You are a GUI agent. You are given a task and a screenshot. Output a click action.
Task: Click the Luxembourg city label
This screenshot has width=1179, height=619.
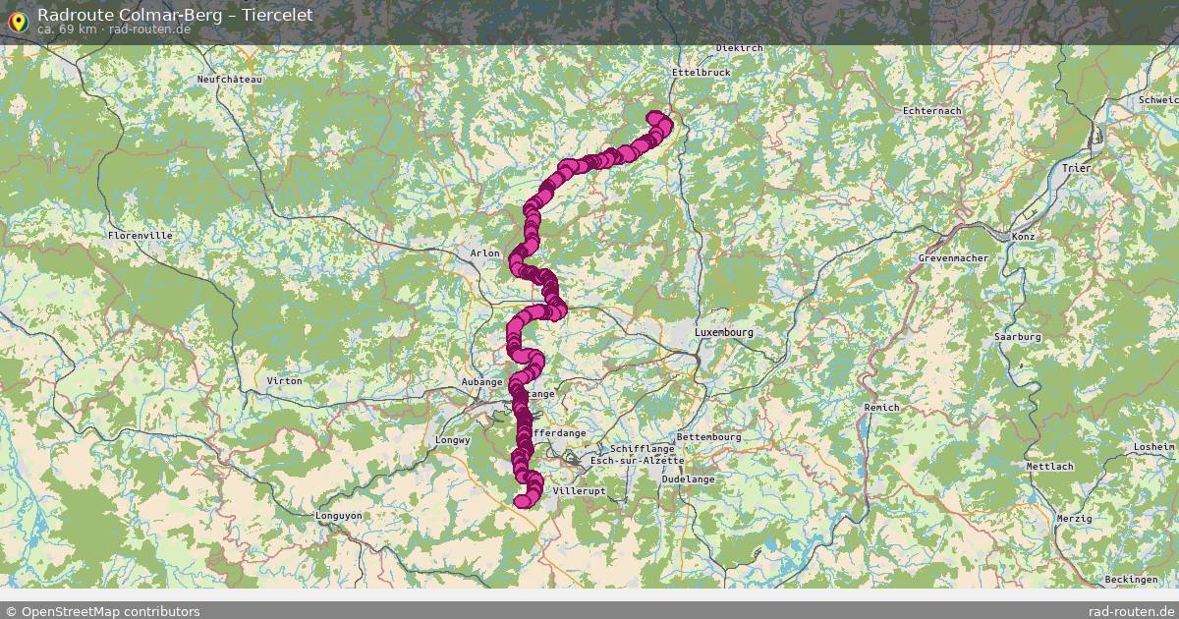(x=724, y=333)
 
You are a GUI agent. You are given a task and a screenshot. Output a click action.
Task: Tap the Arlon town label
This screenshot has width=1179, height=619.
(x=485, y=253)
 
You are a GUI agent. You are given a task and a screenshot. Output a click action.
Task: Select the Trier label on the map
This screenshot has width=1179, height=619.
(x=1077, y=169)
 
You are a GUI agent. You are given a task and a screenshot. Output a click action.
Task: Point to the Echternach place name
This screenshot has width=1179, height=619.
(x=932, y=111)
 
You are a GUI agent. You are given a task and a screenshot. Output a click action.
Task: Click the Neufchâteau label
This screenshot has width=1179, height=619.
(x=230, y=80)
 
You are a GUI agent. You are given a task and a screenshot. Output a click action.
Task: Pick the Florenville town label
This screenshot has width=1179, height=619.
(x=140, y=236)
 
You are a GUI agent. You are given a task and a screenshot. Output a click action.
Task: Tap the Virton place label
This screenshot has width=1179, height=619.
(x=285, y=380)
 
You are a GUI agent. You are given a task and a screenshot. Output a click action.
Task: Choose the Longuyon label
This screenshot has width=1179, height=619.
(x=339, y=516)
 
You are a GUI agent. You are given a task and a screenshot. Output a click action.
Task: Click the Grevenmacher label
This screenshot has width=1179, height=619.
(x=953, y=258)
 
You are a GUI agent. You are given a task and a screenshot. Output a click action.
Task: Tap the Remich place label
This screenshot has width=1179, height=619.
(x=881, y=408)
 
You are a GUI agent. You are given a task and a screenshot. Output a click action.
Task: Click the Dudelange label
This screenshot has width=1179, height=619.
(x=689, y=479)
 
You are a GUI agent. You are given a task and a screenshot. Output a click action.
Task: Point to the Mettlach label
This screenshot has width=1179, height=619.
(x=1049, y=467)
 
